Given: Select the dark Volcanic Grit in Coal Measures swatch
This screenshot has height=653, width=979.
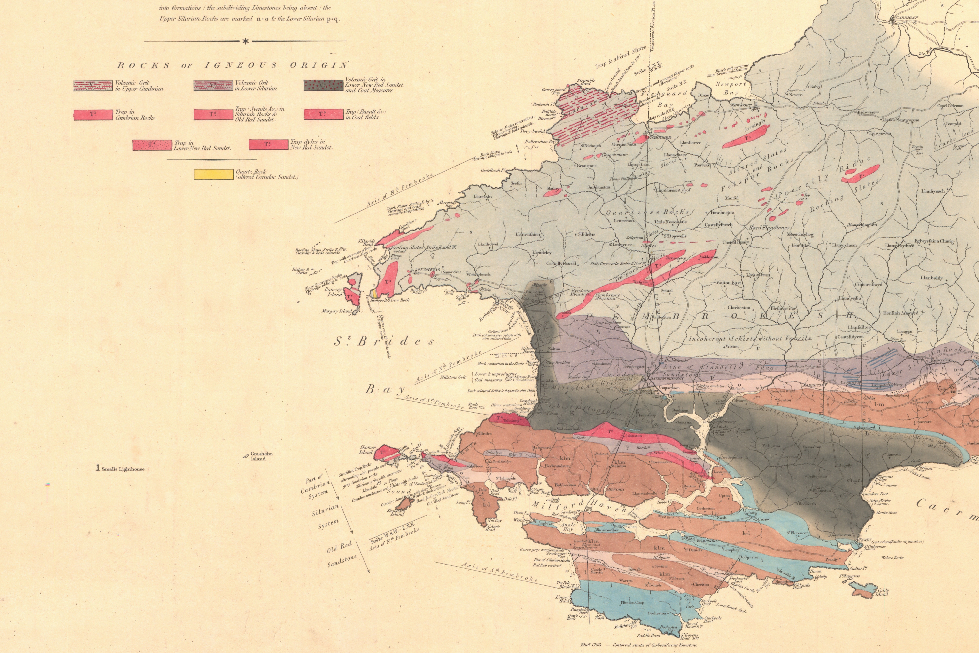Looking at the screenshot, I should tap(323, 85).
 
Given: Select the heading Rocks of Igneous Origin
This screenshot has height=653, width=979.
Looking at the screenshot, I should tap(232, 65).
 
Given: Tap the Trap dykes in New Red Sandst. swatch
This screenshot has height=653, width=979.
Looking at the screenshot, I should tap(268, 144).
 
